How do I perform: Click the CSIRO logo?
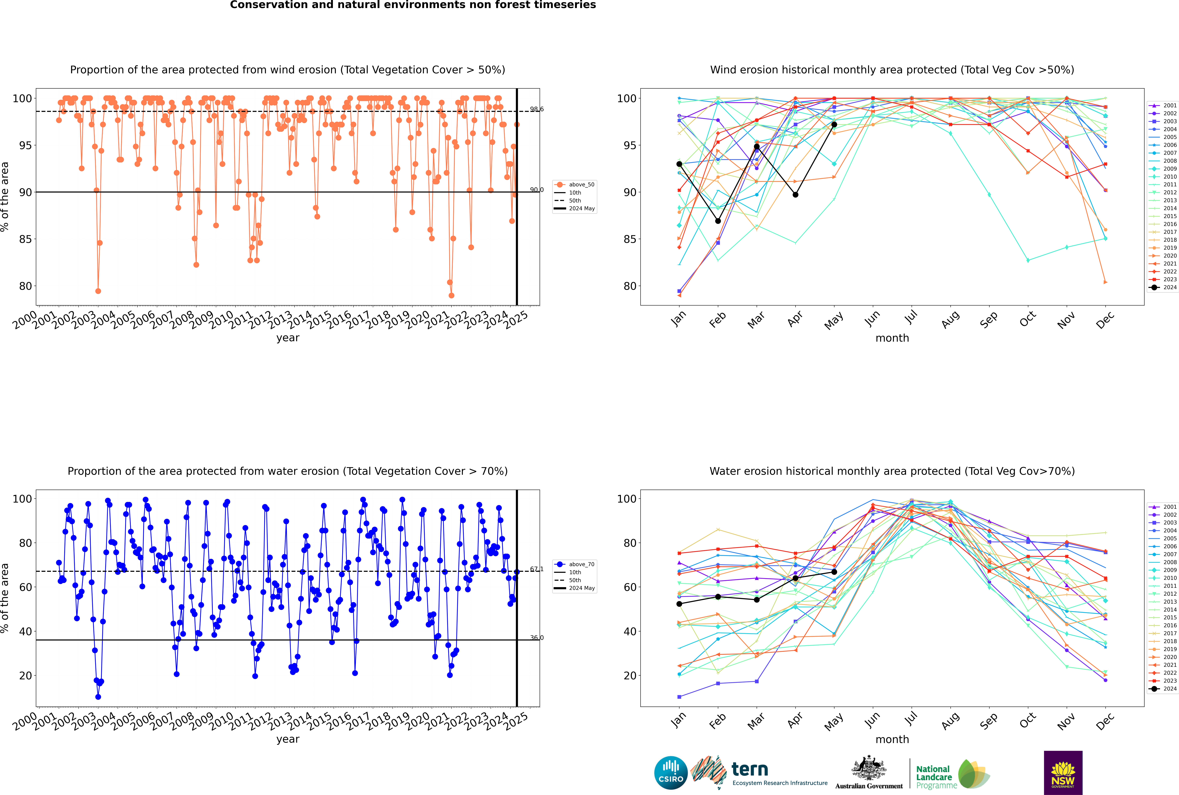pos(671,773)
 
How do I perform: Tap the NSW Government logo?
pos(1063,772)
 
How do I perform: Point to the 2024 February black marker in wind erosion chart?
pos(718,221)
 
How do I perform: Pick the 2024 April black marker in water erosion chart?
pos(795,578)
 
